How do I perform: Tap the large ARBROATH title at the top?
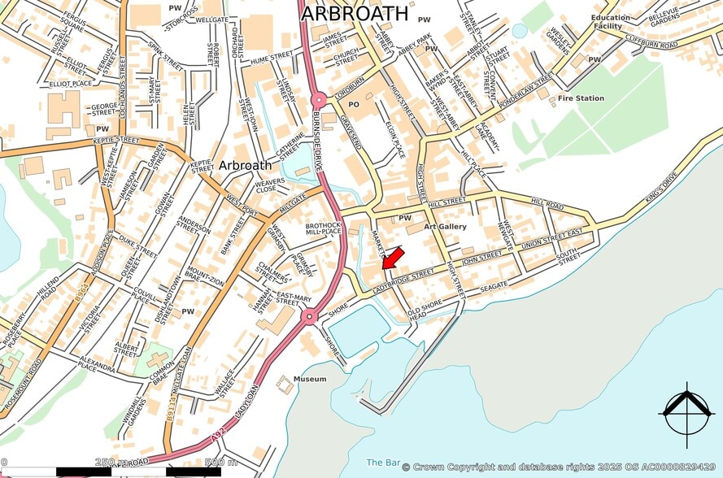point(355,13)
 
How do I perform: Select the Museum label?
point(309,379)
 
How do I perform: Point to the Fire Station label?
point(581,98)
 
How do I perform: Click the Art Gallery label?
point(445,227)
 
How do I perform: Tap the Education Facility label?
point(611,22)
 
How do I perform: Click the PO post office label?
point(353,105)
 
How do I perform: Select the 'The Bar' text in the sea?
point(382,463)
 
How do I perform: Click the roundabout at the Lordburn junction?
point(319,100)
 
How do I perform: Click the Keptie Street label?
point(115,140)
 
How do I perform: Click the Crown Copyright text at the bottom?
point(561,467)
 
